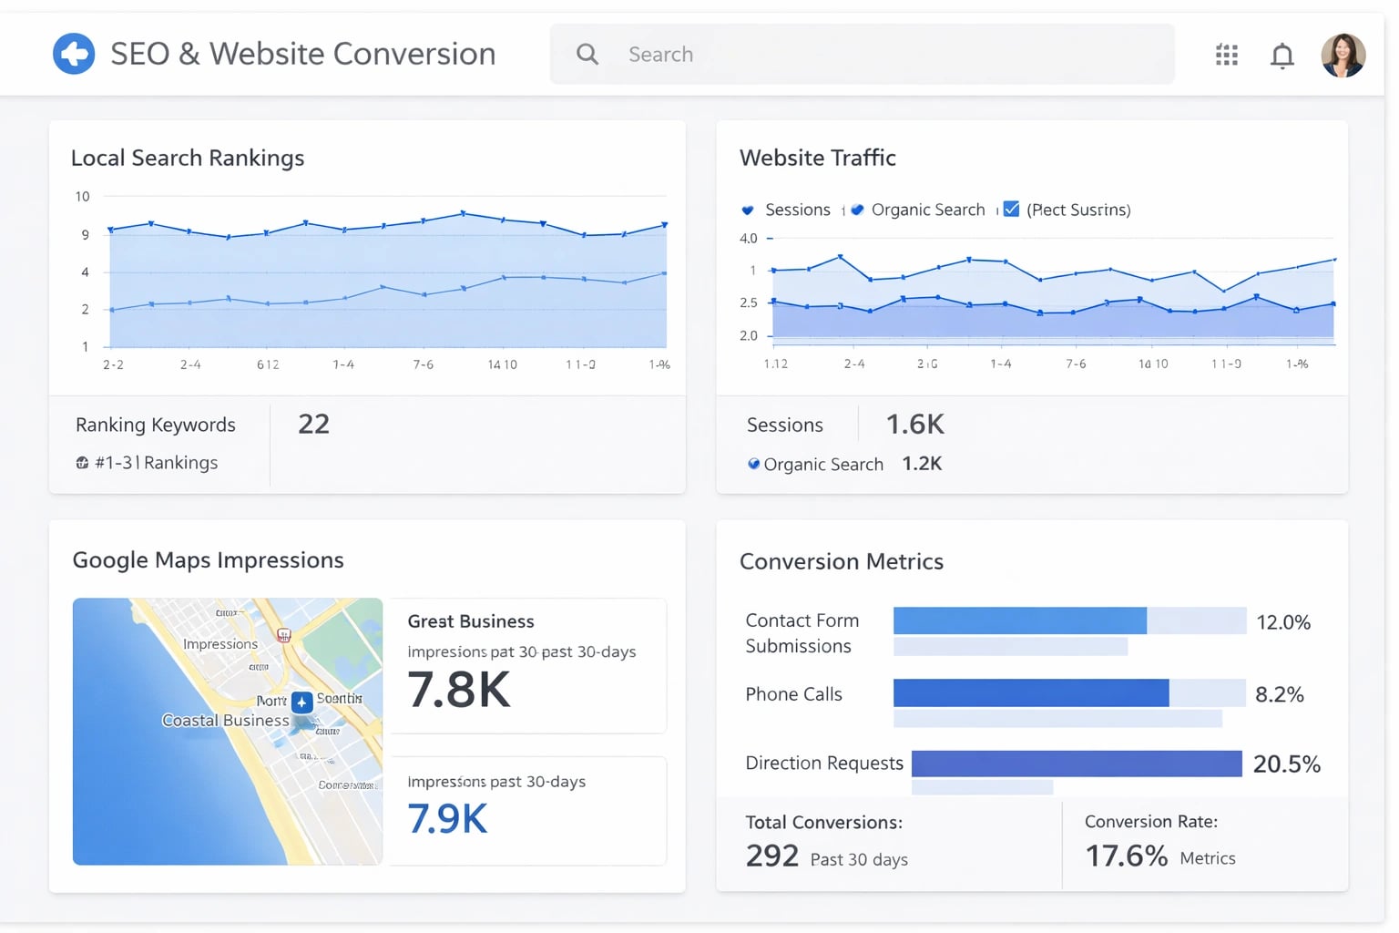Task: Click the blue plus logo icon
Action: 74,54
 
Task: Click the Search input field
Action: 861,55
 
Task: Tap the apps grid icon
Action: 1226,56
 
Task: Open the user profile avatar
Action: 1343,56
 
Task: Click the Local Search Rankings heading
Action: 188,158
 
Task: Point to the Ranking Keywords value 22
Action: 313,424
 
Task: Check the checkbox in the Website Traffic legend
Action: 1011,210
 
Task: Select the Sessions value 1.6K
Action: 914,424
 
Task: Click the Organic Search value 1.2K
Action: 921,464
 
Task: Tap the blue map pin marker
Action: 301,702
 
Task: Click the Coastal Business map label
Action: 225,721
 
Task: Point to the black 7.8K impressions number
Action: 458,690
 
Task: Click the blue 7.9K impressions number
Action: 447,818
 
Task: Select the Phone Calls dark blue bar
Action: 1030,693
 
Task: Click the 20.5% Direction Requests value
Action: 1286,764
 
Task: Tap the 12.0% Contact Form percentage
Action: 1282,622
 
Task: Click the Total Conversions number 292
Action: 771,856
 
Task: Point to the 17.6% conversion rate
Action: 1126,856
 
